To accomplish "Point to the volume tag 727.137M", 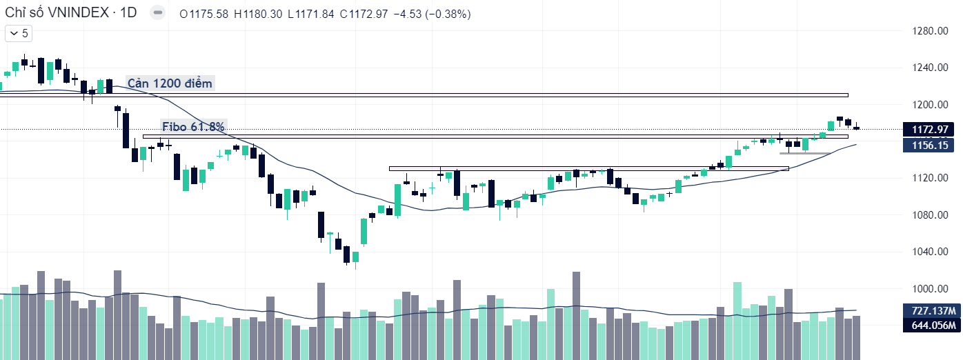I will [932, 311].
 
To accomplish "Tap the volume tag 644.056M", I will [932, 326].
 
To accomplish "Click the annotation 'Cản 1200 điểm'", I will [170, 83].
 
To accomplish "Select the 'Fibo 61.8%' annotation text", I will [193, 126].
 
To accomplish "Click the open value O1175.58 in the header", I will [204, 14].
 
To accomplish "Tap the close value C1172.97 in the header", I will [364, 14].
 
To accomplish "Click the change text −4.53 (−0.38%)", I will [431, 14].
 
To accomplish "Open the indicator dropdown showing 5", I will [19, 33].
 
